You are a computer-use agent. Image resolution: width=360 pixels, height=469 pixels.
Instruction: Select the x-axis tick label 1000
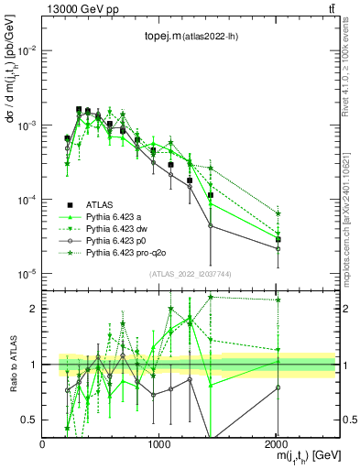pos(159,444)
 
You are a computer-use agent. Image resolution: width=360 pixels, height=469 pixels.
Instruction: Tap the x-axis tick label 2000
pos(276,444)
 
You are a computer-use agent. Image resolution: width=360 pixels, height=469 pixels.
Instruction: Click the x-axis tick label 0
pos(43,444)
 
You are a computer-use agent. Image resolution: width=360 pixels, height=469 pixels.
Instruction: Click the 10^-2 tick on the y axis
pos(27,50)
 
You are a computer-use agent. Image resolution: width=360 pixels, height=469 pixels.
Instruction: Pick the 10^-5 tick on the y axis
pos(27,274)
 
